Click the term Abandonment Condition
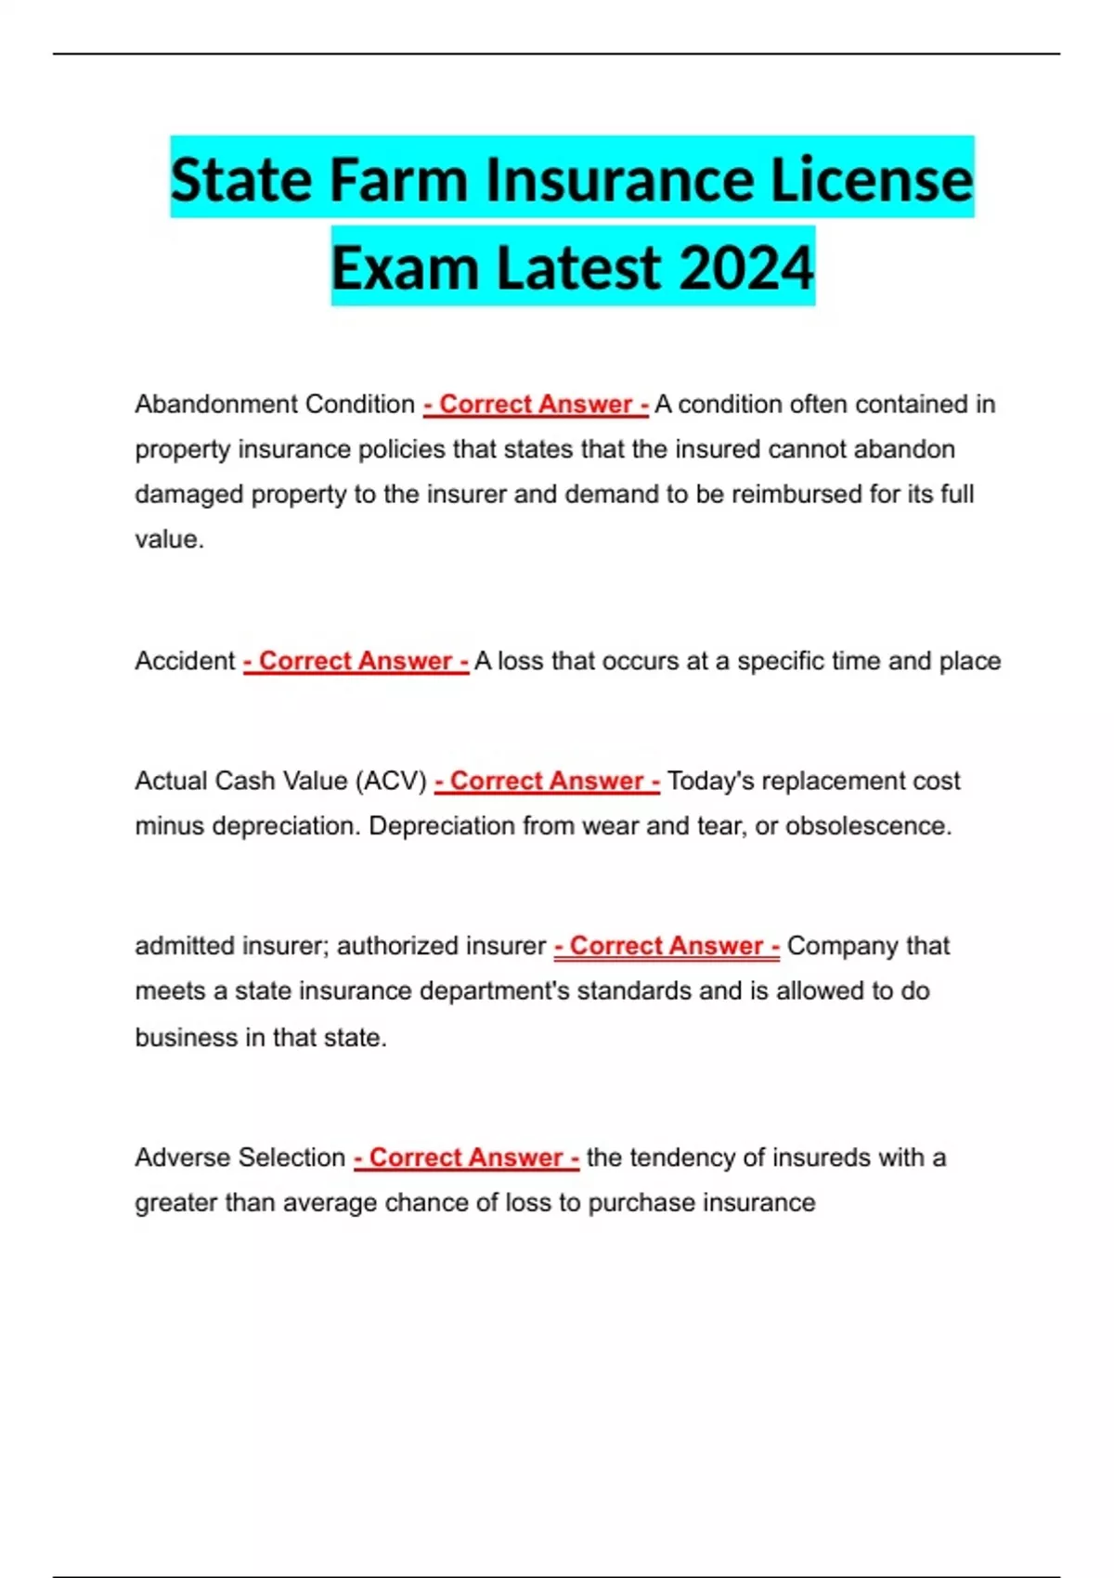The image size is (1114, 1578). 274,405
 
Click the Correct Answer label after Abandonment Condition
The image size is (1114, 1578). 536,405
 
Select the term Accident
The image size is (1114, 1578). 185,661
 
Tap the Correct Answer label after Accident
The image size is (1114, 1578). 356,661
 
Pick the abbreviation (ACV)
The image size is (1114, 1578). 391,781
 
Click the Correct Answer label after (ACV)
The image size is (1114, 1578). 547,781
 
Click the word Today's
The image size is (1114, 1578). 710,781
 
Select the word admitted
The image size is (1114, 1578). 184,946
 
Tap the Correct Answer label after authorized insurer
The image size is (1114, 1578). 667,946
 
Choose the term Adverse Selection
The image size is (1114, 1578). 240,1158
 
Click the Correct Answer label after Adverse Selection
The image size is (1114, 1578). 466,1158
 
